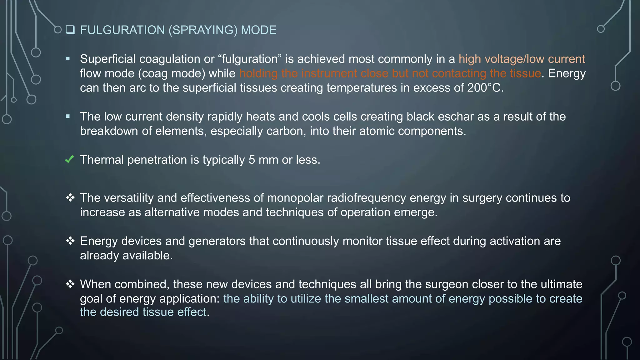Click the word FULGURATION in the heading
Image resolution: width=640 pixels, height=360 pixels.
pyautogui.click(x=122, y=30)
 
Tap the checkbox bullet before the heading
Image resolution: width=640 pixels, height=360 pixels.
pyautogui.click(x=70, y=30)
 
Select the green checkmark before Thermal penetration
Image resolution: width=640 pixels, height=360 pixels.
pyautogui.click(x=69, y=159)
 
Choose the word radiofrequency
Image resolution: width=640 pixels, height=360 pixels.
pyautogui.click(x=372, y=198)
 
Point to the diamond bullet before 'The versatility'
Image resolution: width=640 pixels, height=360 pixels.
pyautogui.click(x=70, y=197)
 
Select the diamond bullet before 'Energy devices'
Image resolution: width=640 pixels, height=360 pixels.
pyautogui.click(x=70, y=241)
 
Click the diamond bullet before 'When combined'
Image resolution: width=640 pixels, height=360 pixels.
pyautogui.click(x=70, y=284)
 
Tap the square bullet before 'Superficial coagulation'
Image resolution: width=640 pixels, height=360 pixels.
pyautogui.click(x=68, y=59)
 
